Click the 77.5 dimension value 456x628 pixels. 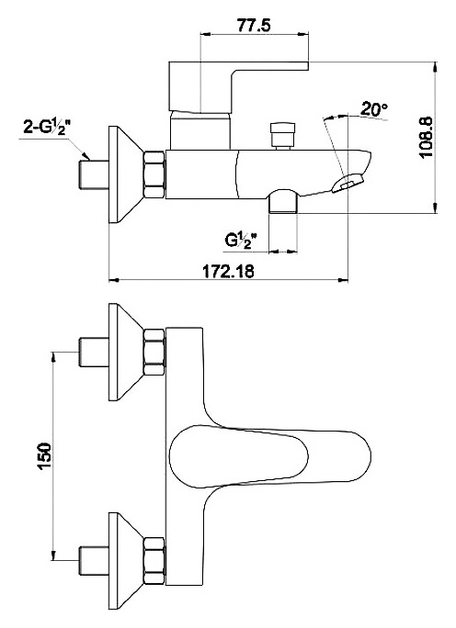point(254,25)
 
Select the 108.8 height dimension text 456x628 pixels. point(426,137)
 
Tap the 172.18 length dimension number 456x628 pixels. point(228,271)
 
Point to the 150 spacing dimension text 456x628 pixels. point(44,455)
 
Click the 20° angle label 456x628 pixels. point(374,109)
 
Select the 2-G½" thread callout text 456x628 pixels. point(47,127)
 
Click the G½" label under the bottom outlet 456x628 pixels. point(241,241)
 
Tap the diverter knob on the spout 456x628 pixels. point(283,136)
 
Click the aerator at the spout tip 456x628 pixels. point(347,183)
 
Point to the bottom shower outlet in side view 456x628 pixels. point(283,202)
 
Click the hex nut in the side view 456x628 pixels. point(154,174)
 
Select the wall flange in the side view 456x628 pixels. point(126,174)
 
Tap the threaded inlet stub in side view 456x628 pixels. point(95,174)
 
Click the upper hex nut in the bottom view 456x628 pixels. point(154,352)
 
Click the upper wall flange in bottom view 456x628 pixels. point(126,352)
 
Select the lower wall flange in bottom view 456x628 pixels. point(126,561)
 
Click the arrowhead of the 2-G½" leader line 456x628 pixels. point(85,156)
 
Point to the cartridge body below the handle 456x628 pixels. point(200,131)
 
